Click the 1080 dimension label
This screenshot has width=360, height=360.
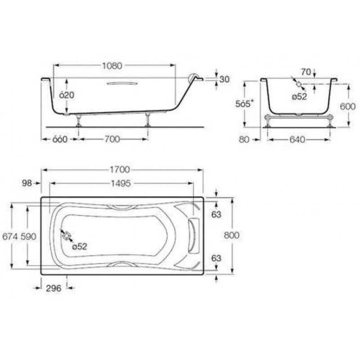(x=112, y=66)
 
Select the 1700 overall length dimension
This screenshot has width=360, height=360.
(x=120, y=170)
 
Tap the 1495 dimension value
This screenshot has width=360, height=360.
(x=121, y=184)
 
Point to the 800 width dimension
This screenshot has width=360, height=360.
(x=231, y=235)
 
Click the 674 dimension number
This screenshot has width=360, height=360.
(x=10, y=236)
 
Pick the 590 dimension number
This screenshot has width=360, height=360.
(x=28, y=236)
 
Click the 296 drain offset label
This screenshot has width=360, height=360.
(x=54, y=288)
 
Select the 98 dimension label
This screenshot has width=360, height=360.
(x=27, y=183)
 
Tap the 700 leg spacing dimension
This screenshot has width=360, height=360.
(x=112, y=139)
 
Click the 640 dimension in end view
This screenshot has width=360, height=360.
(x=297, y=139)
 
